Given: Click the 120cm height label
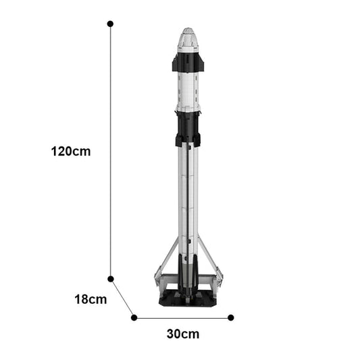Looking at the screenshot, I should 70,151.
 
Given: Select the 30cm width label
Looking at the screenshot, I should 182,334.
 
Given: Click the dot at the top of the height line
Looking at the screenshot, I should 110,24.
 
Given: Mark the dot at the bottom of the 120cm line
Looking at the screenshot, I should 111,278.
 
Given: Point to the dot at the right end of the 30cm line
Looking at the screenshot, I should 231,317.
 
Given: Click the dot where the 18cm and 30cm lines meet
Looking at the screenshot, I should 134,317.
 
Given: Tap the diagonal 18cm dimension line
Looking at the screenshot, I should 122,298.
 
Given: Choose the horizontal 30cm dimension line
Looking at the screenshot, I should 182,317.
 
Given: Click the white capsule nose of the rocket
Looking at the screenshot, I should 188,39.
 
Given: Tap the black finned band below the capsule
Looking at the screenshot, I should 188,63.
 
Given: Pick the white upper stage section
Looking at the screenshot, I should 188,91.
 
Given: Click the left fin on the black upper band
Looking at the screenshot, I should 175,64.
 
